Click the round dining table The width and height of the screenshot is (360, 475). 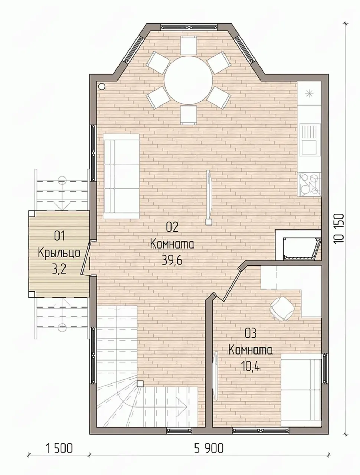(x=189, y=80)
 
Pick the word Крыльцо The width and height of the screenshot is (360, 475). (x=59, y=253)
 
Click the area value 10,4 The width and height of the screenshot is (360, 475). (x=250, y=366)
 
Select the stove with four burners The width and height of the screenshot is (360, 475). (x=310, y=184)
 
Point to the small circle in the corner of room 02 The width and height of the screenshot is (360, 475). (x=101, y=87)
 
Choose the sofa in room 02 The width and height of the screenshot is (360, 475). (x=121, y=176)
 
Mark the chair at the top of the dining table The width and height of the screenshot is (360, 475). (x=189, y=45)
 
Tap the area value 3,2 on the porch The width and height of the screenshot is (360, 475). (x=59, y=270)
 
